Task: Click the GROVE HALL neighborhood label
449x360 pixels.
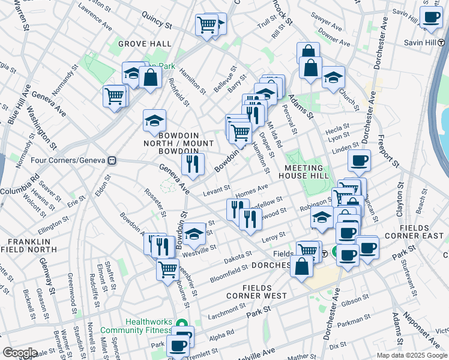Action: click(x=145, y=44)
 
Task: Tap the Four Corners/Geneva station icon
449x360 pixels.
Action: click(x=112, y=161)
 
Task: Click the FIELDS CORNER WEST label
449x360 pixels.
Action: click(x=256, y=291)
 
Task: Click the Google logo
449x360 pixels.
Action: click(x=19, y=353)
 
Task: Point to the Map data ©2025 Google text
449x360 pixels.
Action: click(x=412, y=355)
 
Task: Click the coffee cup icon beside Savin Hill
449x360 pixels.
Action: click(x=431, y=18)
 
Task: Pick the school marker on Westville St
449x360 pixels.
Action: click(x=194, y=233)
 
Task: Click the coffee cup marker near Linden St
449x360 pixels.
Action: click(x=359, y=160)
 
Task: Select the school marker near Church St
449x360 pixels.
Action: click(x=333, y=77)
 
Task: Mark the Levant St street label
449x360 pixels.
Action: click(x=216, y=188)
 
